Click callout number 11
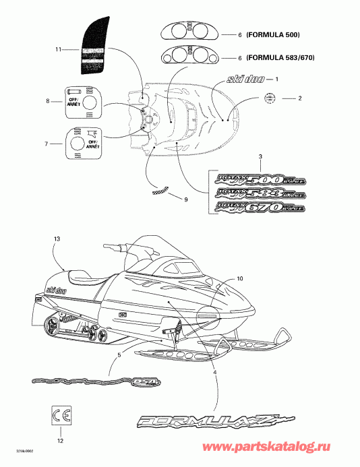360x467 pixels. [x=59, y=49]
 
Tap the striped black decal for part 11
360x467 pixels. [x=96, y=46]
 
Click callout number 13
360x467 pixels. [x=57, y=239]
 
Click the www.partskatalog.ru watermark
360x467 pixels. [x=298, y=455]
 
